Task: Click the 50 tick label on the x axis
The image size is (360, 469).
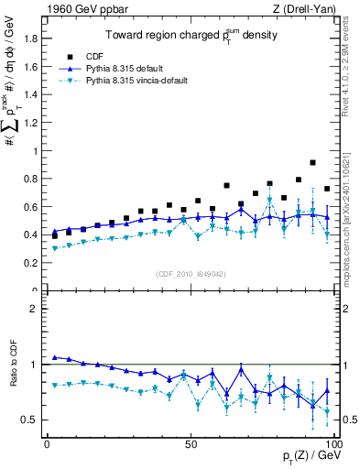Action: (191, 443)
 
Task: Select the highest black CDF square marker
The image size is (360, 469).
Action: (313, 163)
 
